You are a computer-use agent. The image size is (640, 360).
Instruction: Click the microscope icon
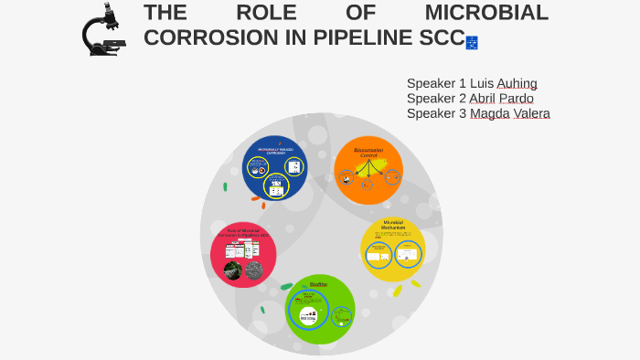102,30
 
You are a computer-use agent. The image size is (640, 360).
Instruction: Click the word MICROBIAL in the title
486,13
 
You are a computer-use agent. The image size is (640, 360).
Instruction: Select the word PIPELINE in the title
357,38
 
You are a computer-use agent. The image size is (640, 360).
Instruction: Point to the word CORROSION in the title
209,38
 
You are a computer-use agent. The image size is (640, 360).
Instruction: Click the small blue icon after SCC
472,42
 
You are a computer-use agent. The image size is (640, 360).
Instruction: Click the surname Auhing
517,83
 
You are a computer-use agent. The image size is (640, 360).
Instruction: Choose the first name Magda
490,113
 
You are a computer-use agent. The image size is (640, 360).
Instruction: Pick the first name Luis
482,83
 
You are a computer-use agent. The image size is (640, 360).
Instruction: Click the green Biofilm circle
320,309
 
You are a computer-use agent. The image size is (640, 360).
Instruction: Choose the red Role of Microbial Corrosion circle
243,255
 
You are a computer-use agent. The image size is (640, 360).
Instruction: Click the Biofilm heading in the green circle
318,284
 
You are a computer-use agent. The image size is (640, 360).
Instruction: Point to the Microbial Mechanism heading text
393,225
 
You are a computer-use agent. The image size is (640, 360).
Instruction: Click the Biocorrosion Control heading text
368,153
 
